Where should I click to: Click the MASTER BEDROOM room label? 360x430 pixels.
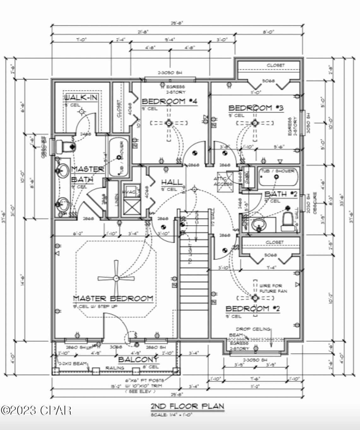click(x=113, y=298)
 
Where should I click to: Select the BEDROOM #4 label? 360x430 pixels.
click(x=169, y=101)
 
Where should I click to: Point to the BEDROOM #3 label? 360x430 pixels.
click(x=256, y=108)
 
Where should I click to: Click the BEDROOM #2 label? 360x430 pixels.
click(x=253, y=308)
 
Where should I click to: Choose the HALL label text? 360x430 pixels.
click(x=172, y=182)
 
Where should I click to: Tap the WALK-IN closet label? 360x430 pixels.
click(x=81, y=97)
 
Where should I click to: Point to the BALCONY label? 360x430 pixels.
click(x=138, y=359)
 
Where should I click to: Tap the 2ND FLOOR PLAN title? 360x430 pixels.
click(x=187, y=406)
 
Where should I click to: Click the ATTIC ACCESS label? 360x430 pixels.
click(x=223, y=181)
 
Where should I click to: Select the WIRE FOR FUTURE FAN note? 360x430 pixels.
click(x=273, y=288)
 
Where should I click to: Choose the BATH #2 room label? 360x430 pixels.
click(x=280, y=194)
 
